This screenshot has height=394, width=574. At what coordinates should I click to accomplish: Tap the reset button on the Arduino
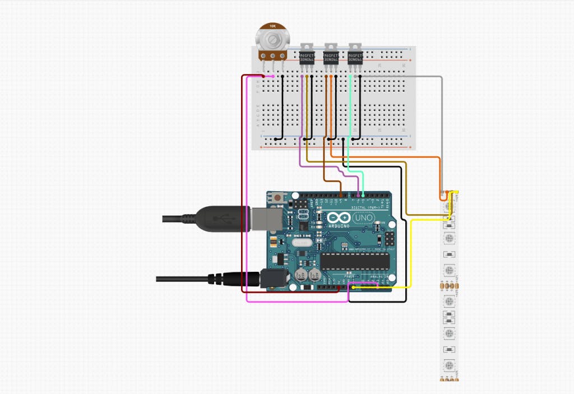coord(277,197)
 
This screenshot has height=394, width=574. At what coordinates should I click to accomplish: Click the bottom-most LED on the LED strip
coord(448,367)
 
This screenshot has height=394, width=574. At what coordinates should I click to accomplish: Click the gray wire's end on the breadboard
coord(361,76)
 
